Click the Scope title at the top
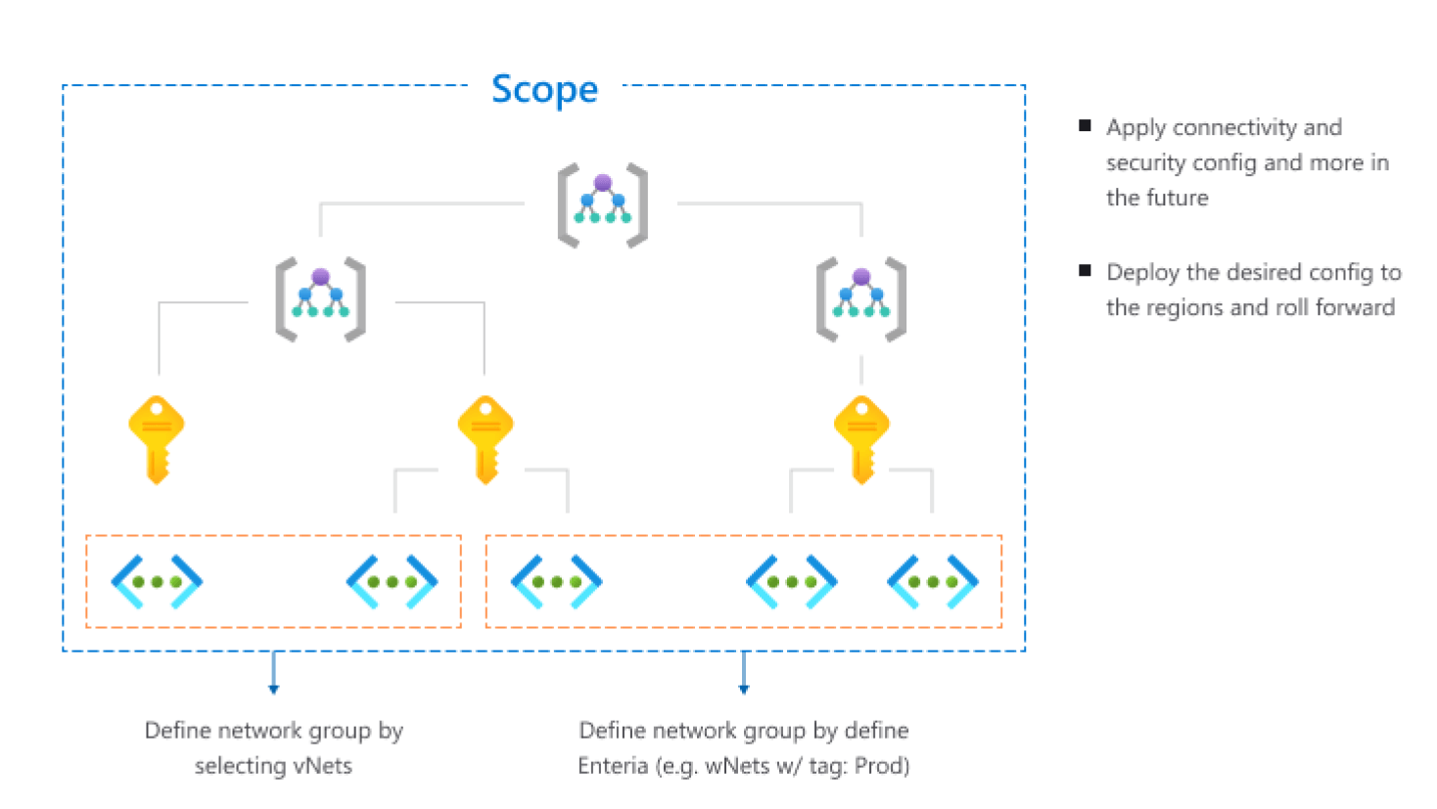point(544,89)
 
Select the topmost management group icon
point(603,204)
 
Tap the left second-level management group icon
point(320,299)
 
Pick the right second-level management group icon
point(861,299)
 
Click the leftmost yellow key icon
point(157,437)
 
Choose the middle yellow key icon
point(486,437)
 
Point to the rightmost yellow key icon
point(861,437)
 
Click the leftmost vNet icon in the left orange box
point(157,581)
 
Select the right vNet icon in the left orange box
point(392,581)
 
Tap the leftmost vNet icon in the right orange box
point(556,581)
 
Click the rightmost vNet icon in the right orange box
point(932,581)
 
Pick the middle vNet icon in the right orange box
point(791,581)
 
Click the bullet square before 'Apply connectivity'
point(1085,125)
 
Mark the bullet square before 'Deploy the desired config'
point(1085,270)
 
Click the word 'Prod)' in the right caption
point(882,765)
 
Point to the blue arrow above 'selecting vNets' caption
point(273,674)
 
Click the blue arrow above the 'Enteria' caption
point(744,674)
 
